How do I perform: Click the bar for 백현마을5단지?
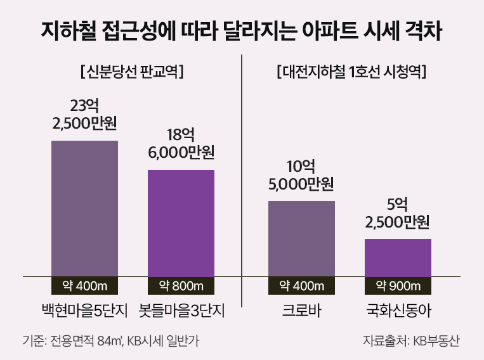pos(84,209)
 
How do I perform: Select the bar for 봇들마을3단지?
pos(181,223)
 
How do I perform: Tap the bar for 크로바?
pos(301,239)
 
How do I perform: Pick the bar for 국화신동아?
pos(398,258)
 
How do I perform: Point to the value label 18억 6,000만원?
pos(181,144)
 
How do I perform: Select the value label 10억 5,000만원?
pos(301,176)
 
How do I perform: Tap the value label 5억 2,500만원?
pos(398,213)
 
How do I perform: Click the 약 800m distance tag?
pos(181,286)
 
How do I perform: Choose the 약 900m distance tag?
pos(398,286)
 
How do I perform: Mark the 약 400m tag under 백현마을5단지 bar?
pos(84,286)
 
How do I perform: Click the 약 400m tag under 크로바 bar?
pos(301,286)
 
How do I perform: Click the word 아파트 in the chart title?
pos(339,30)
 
